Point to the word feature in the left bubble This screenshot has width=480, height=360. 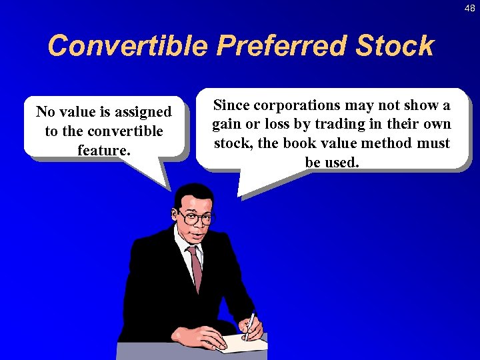tap(102, 150)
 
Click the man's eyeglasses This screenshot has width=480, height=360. tap(196, 217)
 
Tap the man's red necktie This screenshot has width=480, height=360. tap(195, 267)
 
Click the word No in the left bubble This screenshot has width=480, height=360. tap(45, 111)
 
